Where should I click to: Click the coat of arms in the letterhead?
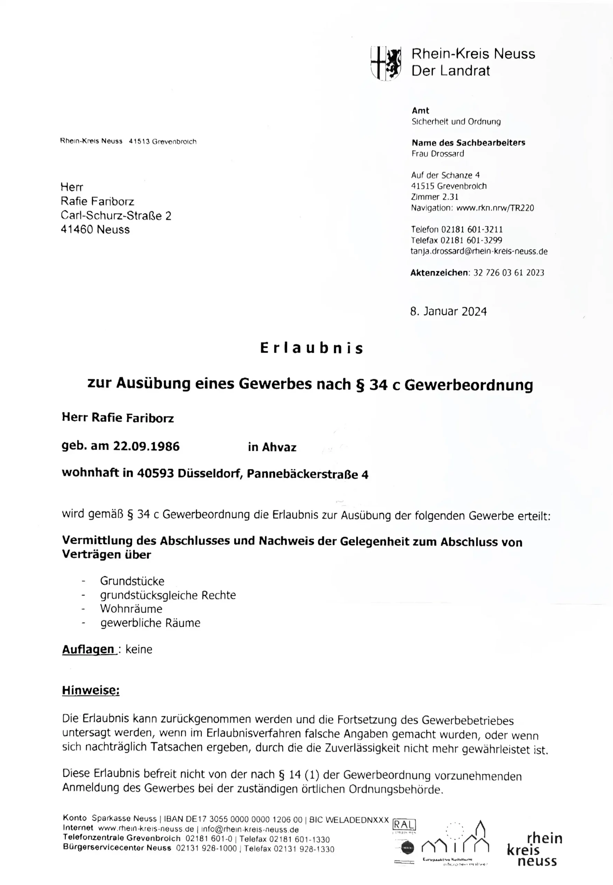pyautogui.click(x=386, y=63)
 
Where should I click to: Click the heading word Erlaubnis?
pyautogui.click(x=312, y=348)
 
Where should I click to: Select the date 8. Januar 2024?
pyautogui.click(x=448, y=311)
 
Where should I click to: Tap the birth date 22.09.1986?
pyautogui.click(x=146, y=446)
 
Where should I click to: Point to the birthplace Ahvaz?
pyautogui.click(x=279, y=447)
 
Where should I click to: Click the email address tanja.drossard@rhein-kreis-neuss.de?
pyautogui.click(x=479, y=251)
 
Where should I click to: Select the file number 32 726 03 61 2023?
pyautogui.click(x=509, y=273)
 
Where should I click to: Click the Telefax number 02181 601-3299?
pyautogui.click(x=471, y=240)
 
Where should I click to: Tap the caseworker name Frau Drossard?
pyautogui.click(x=437, y=153)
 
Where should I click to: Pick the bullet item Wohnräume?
pyautogui.click(x=131, y=609)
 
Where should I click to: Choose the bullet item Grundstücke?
pyautogui.click(x=132, y=581)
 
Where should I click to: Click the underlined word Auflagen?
pyautogui.click(x=89, y=649)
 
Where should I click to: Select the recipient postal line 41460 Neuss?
pyautogui.click(x=95, y=230)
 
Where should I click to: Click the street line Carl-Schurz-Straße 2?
pyautogui.click(x=115, y=215)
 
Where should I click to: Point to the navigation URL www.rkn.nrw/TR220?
pyautogui.click(x=495, y=208)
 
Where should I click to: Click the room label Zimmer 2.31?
pyautogui.click(x=434, y=197)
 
